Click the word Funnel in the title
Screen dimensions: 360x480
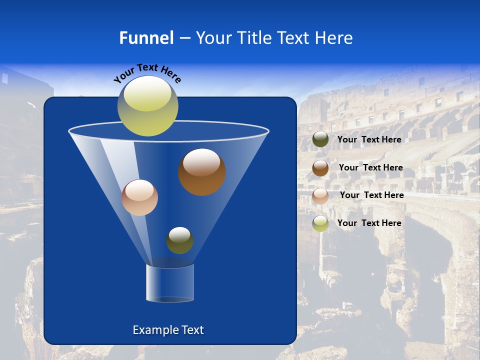[x=146, y=38]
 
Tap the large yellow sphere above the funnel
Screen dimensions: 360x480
[x=148, y=105]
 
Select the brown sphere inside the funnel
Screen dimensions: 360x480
[x=202, y=172]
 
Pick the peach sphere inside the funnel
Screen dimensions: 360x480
[x=139, y=197]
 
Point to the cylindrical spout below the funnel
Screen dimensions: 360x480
[x=170, y=283]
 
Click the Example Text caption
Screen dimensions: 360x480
[x=168, y=330]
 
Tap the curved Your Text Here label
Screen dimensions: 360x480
[x=147, y=73]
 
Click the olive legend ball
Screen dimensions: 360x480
[x=320, y=139]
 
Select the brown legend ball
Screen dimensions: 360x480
[x=320, y=168]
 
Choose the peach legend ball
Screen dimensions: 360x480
[x=320, y=196]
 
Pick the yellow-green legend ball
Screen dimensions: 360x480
[x=320, y=223]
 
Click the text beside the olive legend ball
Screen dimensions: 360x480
[x=369, y=139]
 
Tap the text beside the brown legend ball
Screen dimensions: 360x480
[x=370, y=167]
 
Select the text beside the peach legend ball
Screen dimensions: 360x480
[x=371, y=195]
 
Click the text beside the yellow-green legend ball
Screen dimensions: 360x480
[x=369, y=223]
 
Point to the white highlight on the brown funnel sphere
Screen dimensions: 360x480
[x=201, y=162]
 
